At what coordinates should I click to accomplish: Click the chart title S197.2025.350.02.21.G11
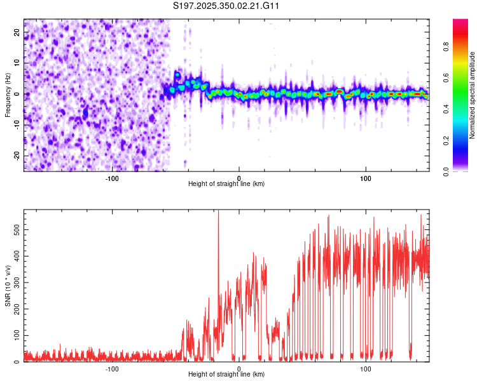[x=226, y=6]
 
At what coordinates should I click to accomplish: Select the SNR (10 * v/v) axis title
[x=8, y=286]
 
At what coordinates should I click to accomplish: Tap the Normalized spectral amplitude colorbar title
[x=473, y=95]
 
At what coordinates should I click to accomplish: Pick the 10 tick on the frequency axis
[x=17, y=62]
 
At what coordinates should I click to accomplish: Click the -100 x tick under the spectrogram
[x=112, y=178]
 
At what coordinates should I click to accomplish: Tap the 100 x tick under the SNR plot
[x=365, y=368]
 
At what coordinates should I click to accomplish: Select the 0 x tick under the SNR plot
[x=238, y=368]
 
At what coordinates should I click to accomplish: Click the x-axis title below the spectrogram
[x=226, y=184]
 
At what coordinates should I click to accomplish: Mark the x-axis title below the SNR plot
[x=226, y=375]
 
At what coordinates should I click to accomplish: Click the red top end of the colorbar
[x=460, y=22]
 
